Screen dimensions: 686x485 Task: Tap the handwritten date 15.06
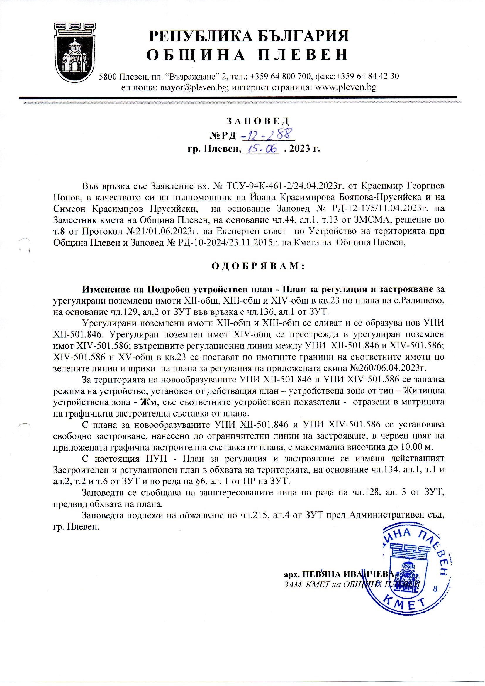tap(261, 148)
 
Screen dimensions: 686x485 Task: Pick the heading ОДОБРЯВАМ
tap(258, 266)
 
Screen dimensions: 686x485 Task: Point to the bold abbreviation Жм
tap(147, 402)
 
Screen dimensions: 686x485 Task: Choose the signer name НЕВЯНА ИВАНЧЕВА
tap(348, 574)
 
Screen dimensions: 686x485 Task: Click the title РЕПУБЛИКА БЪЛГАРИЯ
tap(248, 36)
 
